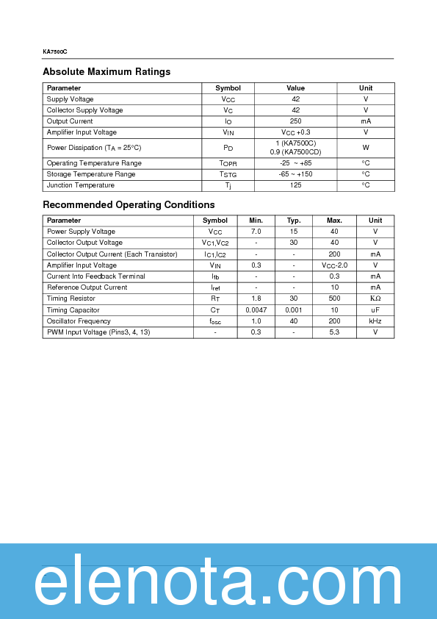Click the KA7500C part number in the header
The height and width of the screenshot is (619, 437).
pos(55,52)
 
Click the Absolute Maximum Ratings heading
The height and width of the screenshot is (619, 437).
pos(106,72)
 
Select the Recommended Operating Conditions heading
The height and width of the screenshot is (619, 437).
pos(129,205)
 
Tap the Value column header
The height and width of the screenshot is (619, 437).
pos(295,88)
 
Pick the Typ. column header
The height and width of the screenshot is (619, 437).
pos(294,221)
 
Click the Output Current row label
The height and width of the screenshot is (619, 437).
pos(70,121)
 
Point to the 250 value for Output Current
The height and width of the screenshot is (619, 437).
pos(295,121)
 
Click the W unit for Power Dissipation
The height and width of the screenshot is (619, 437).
pos(366,148)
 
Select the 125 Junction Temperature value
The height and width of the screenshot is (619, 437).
pos(295,186)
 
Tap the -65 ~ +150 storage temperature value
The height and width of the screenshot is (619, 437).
pos(295,174)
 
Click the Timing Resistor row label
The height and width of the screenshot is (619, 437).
pos(71,298)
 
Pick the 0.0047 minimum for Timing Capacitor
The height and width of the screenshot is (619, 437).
pos(256,310)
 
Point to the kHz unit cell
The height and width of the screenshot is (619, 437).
pos(375,321)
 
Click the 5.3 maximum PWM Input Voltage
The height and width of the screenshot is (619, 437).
pos(334,332)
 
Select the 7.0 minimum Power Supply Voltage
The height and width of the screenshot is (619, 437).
pos(256,232)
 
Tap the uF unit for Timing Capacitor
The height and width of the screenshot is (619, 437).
pos(375,310)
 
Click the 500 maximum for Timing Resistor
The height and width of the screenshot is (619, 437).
pos(334,298)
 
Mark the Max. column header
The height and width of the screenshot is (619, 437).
pos(334,221)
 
